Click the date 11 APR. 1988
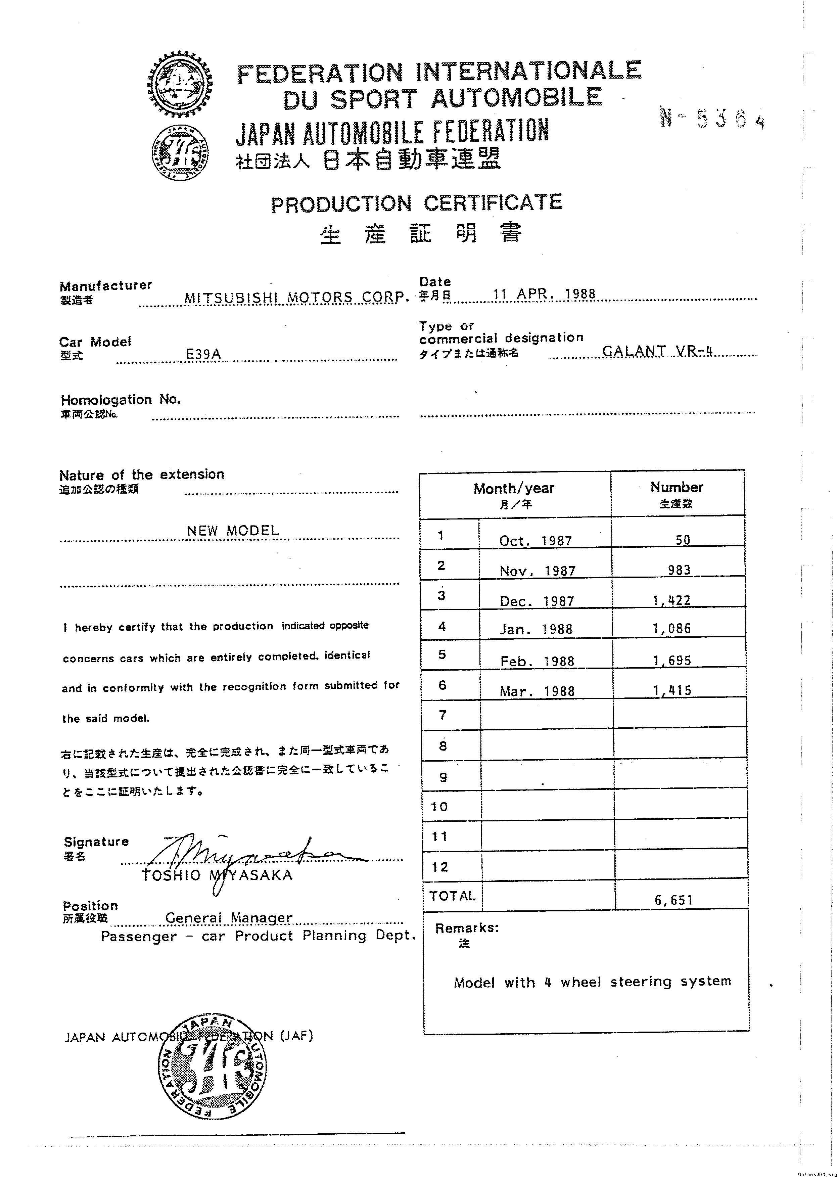coord(544,294)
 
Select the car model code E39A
coord(203,354)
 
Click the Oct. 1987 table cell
coord(535,541)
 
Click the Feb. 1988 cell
coord(537,661)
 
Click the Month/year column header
coord(514,489)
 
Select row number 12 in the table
coord(439,867)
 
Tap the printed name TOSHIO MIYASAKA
coord(217,875)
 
